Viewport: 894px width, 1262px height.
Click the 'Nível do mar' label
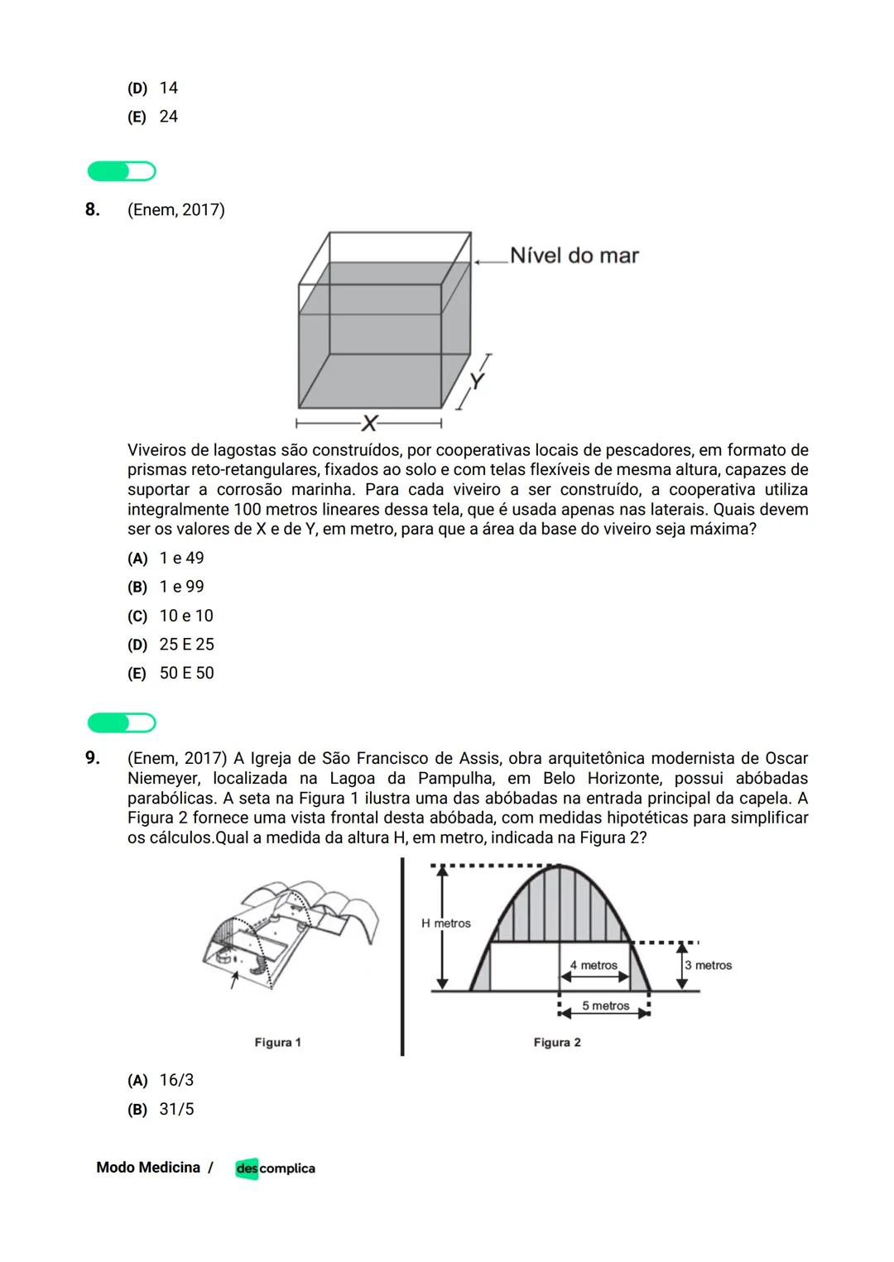574,256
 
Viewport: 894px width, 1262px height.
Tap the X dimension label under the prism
369,425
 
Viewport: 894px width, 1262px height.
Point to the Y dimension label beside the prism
476,381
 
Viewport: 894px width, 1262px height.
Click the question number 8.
93,209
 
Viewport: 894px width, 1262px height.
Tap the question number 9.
93,758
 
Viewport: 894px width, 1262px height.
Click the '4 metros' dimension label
594,965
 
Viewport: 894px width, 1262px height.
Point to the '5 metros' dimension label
605,1005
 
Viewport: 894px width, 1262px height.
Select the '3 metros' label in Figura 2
708,965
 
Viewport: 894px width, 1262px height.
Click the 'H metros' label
445,924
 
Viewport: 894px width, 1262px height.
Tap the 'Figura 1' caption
277,1043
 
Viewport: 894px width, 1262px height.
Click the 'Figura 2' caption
557,1043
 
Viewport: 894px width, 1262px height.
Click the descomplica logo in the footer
275,1168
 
